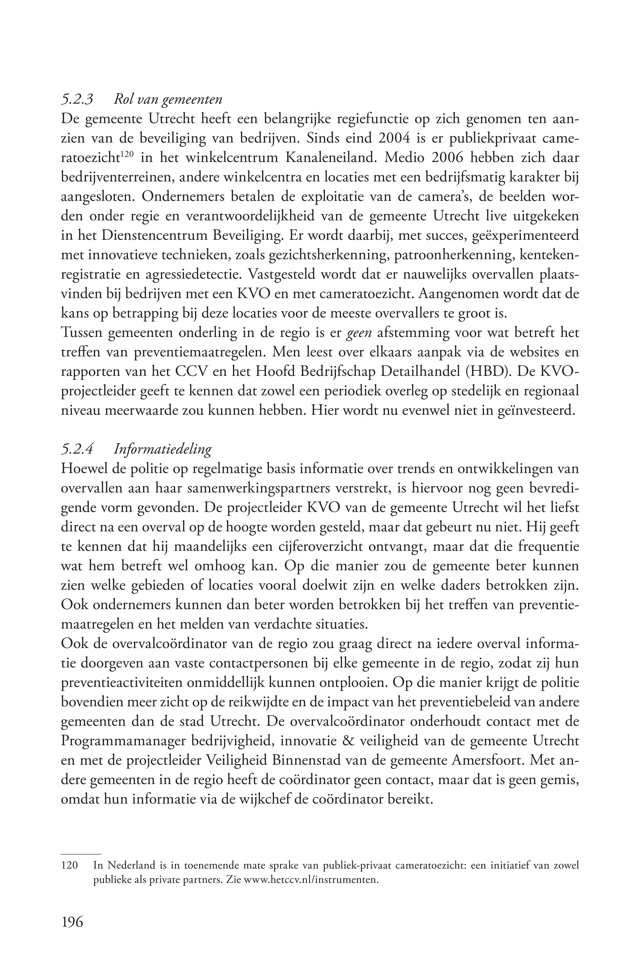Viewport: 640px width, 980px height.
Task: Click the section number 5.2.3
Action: point(77,100)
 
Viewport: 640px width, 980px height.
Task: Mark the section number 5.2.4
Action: point(77,449)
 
